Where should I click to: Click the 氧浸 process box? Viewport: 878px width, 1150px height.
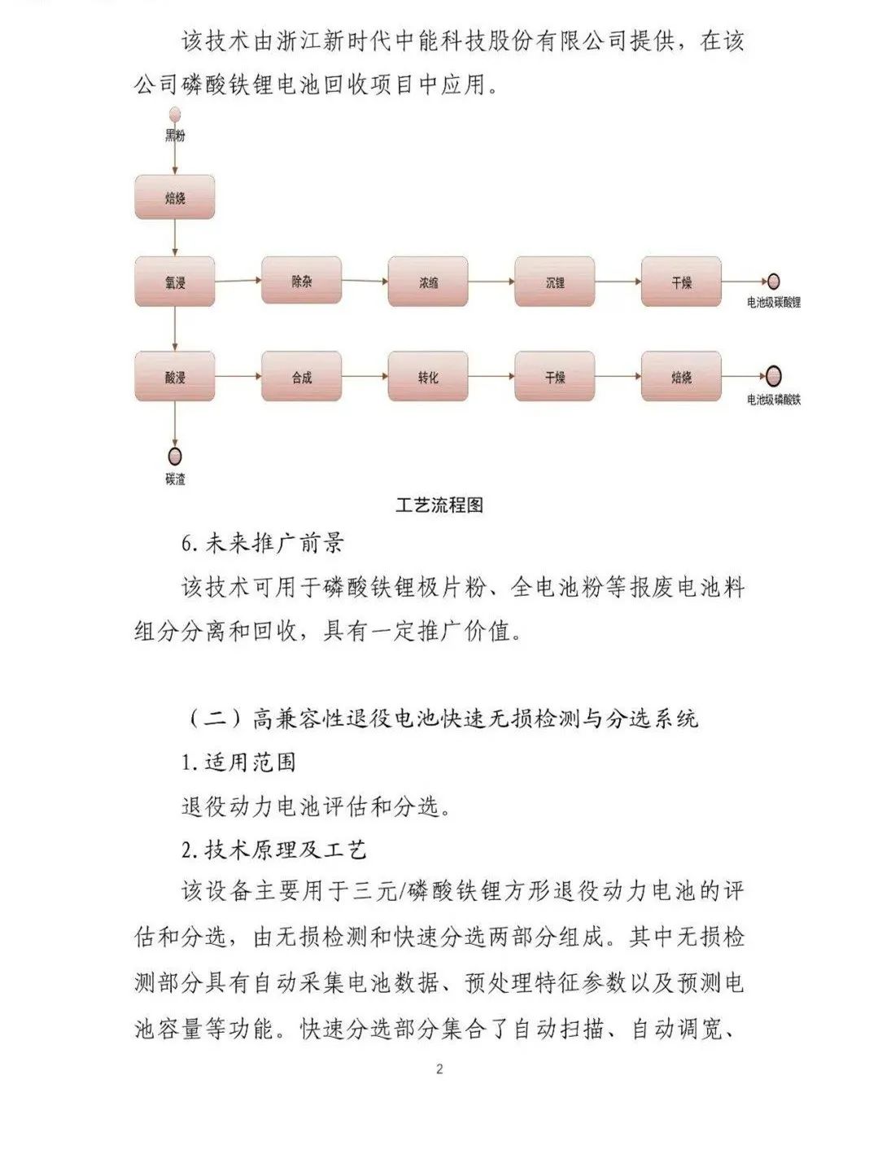tap(175, 282)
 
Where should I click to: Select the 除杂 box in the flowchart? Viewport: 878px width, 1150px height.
tap(301, 282)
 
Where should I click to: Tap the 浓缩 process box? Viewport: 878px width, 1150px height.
tap(428, 282)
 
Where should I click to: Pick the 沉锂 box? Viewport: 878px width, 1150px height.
tap(555, 282)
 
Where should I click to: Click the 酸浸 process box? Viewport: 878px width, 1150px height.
tap(175, 377)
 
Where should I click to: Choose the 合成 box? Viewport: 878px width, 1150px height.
tap(301, 377)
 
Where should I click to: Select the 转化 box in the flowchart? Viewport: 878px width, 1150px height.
tap(428, 377)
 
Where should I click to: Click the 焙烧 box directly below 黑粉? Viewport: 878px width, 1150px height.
tap(175, 197)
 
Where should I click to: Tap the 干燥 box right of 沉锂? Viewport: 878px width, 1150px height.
tap(681, 282)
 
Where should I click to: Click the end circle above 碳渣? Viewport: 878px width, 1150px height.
tap(175, 457)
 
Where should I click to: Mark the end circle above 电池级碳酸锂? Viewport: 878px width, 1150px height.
tap(773, 282)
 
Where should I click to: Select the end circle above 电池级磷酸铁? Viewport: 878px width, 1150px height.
tap(773, 376)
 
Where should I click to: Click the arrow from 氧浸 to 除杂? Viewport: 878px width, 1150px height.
tap(238, 281)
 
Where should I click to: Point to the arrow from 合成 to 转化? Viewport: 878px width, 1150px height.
tap(365, 377)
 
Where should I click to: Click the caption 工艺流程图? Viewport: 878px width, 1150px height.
tap(439, 505)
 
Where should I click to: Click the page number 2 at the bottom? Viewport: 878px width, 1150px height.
tap(439, 1069)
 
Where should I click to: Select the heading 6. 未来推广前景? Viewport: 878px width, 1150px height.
tap(262, 544)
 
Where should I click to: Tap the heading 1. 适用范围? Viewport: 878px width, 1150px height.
tap(238, 763)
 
